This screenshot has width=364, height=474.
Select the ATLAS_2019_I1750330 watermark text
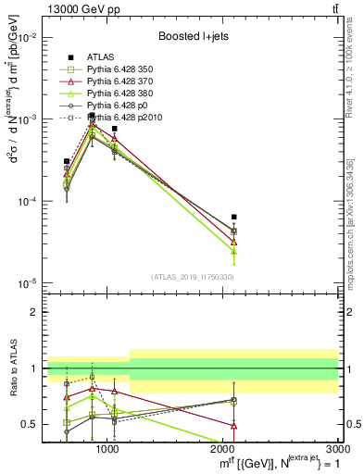tap(193, 277)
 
